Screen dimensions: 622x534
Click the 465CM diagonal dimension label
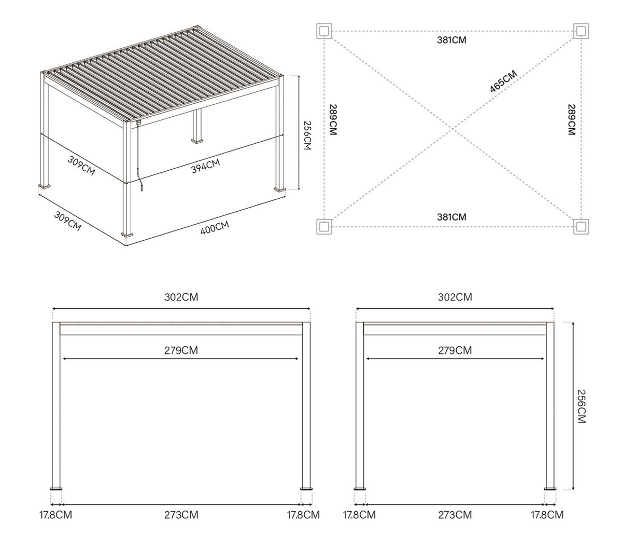tap(503, 81)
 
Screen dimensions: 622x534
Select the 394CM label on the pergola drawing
tap(206, 166)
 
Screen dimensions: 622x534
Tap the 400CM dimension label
tap(215, 227)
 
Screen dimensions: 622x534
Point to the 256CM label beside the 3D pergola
tap(307, 135)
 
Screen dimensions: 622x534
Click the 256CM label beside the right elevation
tap(582, 406)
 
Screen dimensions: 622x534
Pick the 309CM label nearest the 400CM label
tap(67, 222)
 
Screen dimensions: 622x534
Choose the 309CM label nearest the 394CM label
tap(81, 166)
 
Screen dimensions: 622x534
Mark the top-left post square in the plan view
tap(324, 31)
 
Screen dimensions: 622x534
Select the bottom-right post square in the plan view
tap(581, 227)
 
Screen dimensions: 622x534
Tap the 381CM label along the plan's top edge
tap(451, 40)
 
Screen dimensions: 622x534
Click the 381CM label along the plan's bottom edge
tap(451, 217)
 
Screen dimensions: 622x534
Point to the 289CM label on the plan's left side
tap(333, 120)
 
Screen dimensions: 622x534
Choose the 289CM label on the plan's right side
tap(571, 120)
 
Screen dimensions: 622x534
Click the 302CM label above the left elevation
tap(181, 297)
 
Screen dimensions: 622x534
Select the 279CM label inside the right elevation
tap(455, 350)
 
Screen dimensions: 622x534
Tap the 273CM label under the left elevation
tap(181, 515)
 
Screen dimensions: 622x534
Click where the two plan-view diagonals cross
tap(453, 129)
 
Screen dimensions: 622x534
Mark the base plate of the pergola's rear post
tap(197, 141)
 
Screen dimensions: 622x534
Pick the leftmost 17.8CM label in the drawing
tap(56, 515)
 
